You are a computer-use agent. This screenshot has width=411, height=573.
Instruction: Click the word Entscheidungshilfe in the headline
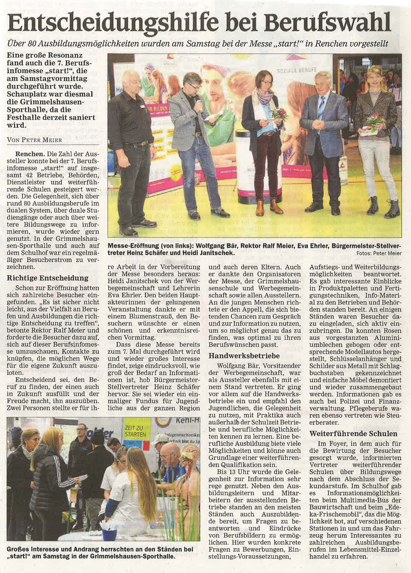113,22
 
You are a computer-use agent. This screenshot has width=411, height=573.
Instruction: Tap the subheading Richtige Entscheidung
41,278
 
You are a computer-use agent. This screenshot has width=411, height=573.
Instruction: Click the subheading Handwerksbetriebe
244,356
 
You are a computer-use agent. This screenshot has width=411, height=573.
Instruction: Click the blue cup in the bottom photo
109,534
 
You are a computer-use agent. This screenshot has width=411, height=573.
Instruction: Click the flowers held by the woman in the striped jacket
375,119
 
